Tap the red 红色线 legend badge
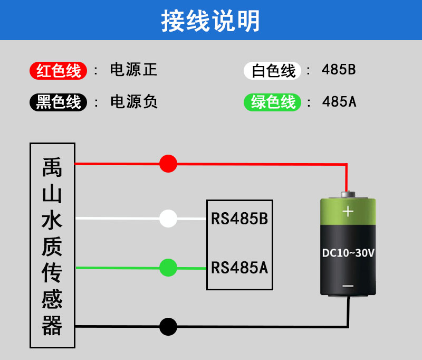pos(59,71)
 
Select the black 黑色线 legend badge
pos(59,102)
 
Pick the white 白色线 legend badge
pos(272,71)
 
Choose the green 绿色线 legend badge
pos(272,102)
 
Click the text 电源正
pos(133,70)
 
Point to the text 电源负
pos(133,101)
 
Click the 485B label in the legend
pos(339,70)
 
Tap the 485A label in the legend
pos(339,101)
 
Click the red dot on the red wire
pos(168,164)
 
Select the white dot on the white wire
pos(168,218)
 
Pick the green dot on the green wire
pos(168,268)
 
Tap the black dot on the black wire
pos(168,327)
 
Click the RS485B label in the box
pos(239,219)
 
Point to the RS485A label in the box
pos(239,268)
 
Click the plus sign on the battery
pos(348,212)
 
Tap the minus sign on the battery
pos(348,286)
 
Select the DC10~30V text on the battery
pos(348,253)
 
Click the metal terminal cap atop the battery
pos(348,195)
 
